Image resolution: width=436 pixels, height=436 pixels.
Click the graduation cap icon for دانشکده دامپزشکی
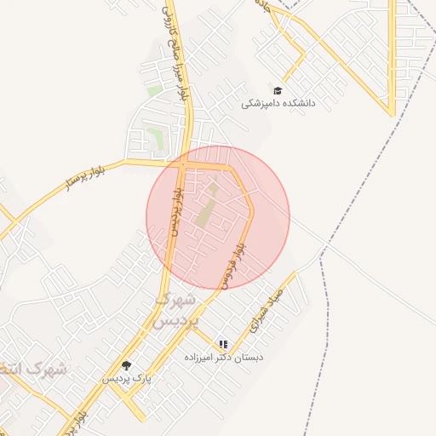(x=277, y=90)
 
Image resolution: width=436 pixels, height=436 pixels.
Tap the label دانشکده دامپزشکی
(x=278, y=103)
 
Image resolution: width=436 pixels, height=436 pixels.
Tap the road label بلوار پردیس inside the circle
(x=175, y=212)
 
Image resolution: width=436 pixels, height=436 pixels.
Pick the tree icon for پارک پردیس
(x=127, y=365)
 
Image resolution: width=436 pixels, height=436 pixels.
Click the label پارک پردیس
(x=127, y=378)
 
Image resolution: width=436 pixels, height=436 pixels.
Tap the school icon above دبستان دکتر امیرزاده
(x=223, y=344)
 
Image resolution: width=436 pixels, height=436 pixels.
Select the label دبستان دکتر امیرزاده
(x=224, y=358)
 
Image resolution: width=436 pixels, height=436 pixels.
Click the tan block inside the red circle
(x=206, y=209)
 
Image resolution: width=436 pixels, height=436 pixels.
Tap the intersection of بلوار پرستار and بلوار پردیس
(x=181, y=161)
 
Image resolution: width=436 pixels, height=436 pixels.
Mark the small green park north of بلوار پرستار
(x=154, y=135)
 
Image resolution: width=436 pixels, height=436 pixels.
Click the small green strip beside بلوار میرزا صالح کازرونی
(x=154, y=89)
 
